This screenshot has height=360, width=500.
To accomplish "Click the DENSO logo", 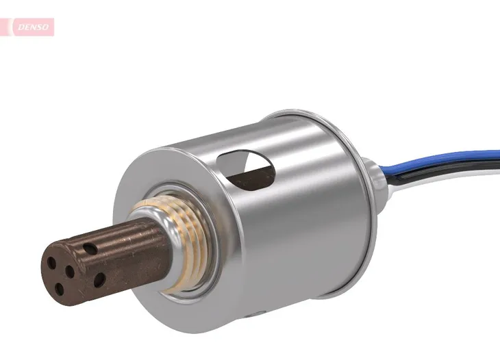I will [x=31, y=27].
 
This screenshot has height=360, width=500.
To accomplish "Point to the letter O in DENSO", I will [x=47, y=27].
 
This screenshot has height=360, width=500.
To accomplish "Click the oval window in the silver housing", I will [x=247, y=168].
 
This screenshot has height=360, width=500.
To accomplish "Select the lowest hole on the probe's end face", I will [x=60, y=289].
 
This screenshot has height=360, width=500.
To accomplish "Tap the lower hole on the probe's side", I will [x=100, y=279].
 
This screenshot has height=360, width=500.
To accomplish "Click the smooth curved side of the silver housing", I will [x=301, y=226].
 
